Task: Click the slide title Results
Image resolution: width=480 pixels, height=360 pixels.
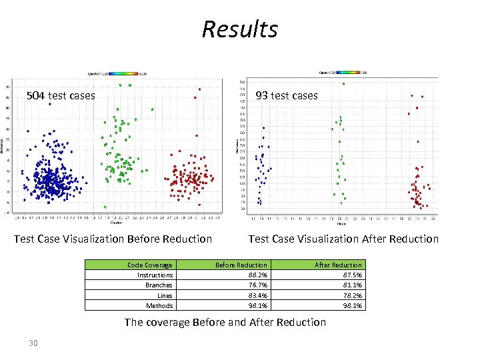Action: click(239, 29)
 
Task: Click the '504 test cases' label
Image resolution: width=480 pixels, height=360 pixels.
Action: click(61, 95)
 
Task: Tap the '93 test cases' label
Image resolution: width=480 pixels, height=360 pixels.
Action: click(287, 95)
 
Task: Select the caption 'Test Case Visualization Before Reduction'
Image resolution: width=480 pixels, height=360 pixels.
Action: click(113, 239)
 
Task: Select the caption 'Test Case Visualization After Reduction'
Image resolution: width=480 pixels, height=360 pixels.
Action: click(343, 239)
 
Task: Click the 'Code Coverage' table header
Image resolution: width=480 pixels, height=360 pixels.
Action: click(150, 265)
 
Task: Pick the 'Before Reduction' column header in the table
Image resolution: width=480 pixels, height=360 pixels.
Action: click(241, 265)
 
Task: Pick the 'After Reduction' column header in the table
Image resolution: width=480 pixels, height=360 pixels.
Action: click(338, 265)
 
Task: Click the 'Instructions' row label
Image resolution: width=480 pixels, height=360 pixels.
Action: click(155, 275)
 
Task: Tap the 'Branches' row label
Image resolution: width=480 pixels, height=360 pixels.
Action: click(159, 285)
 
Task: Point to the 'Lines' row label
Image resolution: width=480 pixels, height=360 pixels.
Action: click(165, 295)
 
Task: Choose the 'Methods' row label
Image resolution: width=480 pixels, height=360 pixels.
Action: click(160, 305)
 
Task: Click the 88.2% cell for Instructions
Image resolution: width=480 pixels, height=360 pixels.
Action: click(257, 275)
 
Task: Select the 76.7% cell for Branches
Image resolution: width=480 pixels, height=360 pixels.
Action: click(257, 285)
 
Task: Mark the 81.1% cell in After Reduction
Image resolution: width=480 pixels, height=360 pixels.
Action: click(352, 285)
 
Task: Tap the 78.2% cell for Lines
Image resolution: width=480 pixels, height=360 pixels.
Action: click(352, 295)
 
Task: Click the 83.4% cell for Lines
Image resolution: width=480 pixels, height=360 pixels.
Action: click(257, 295)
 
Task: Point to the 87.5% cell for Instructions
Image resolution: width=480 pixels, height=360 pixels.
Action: click(352, 275)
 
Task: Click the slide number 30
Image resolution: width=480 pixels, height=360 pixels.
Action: click(33, 343)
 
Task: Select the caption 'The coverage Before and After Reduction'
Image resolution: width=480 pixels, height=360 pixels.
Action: click(225, 322)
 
